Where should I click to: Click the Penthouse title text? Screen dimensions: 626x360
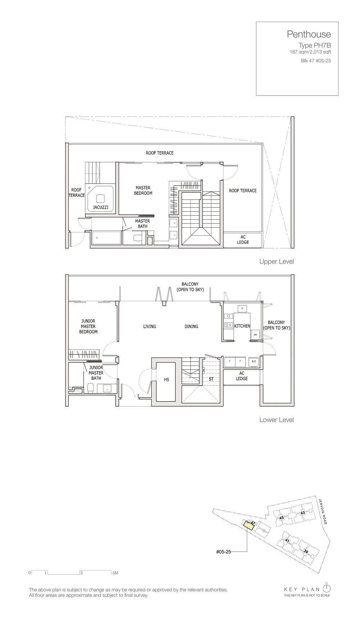(x=309, y=34)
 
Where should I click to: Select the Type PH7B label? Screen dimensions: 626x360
(x=315, y=45)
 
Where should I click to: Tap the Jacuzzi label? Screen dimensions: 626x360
(x=100, y=207)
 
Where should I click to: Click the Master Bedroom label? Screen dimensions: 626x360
(x=143, y=191)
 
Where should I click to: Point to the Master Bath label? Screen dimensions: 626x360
(x=143, y=224)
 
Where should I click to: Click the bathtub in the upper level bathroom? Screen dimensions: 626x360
(x=107, y=238)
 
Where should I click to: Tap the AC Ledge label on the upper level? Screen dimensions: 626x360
(x=243, y=240)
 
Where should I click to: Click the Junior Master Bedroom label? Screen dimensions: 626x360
(x=88, y=326)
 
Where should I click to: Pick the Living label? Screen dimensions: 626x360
(x=150, y=326)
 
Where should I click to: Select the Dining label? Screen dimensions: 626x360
(x=191, y=326)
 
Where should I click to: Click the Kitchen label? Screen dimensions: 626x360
(x=242, y=326)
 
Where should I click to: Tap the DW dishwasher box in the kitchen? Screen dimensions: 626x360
(x=255, y=335)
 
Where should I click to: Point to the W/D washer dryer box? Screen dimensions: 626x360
(x=253, y=361)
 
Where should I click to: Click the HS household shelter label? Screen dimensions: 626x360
(x=166, y=380)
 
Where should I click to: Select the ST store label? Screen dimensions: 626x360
(x=211, y=379)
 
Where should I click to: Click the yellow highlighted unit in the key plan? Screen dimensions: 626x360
(x=248, y=525)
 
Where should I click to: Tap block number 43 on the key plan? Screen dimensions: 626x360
(x=302, y=513)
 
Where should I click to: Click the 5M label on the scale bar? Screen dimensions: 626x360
(x=115, y=573)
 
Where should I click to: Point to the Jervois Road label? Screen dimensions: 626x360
(x=323, y=511)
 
